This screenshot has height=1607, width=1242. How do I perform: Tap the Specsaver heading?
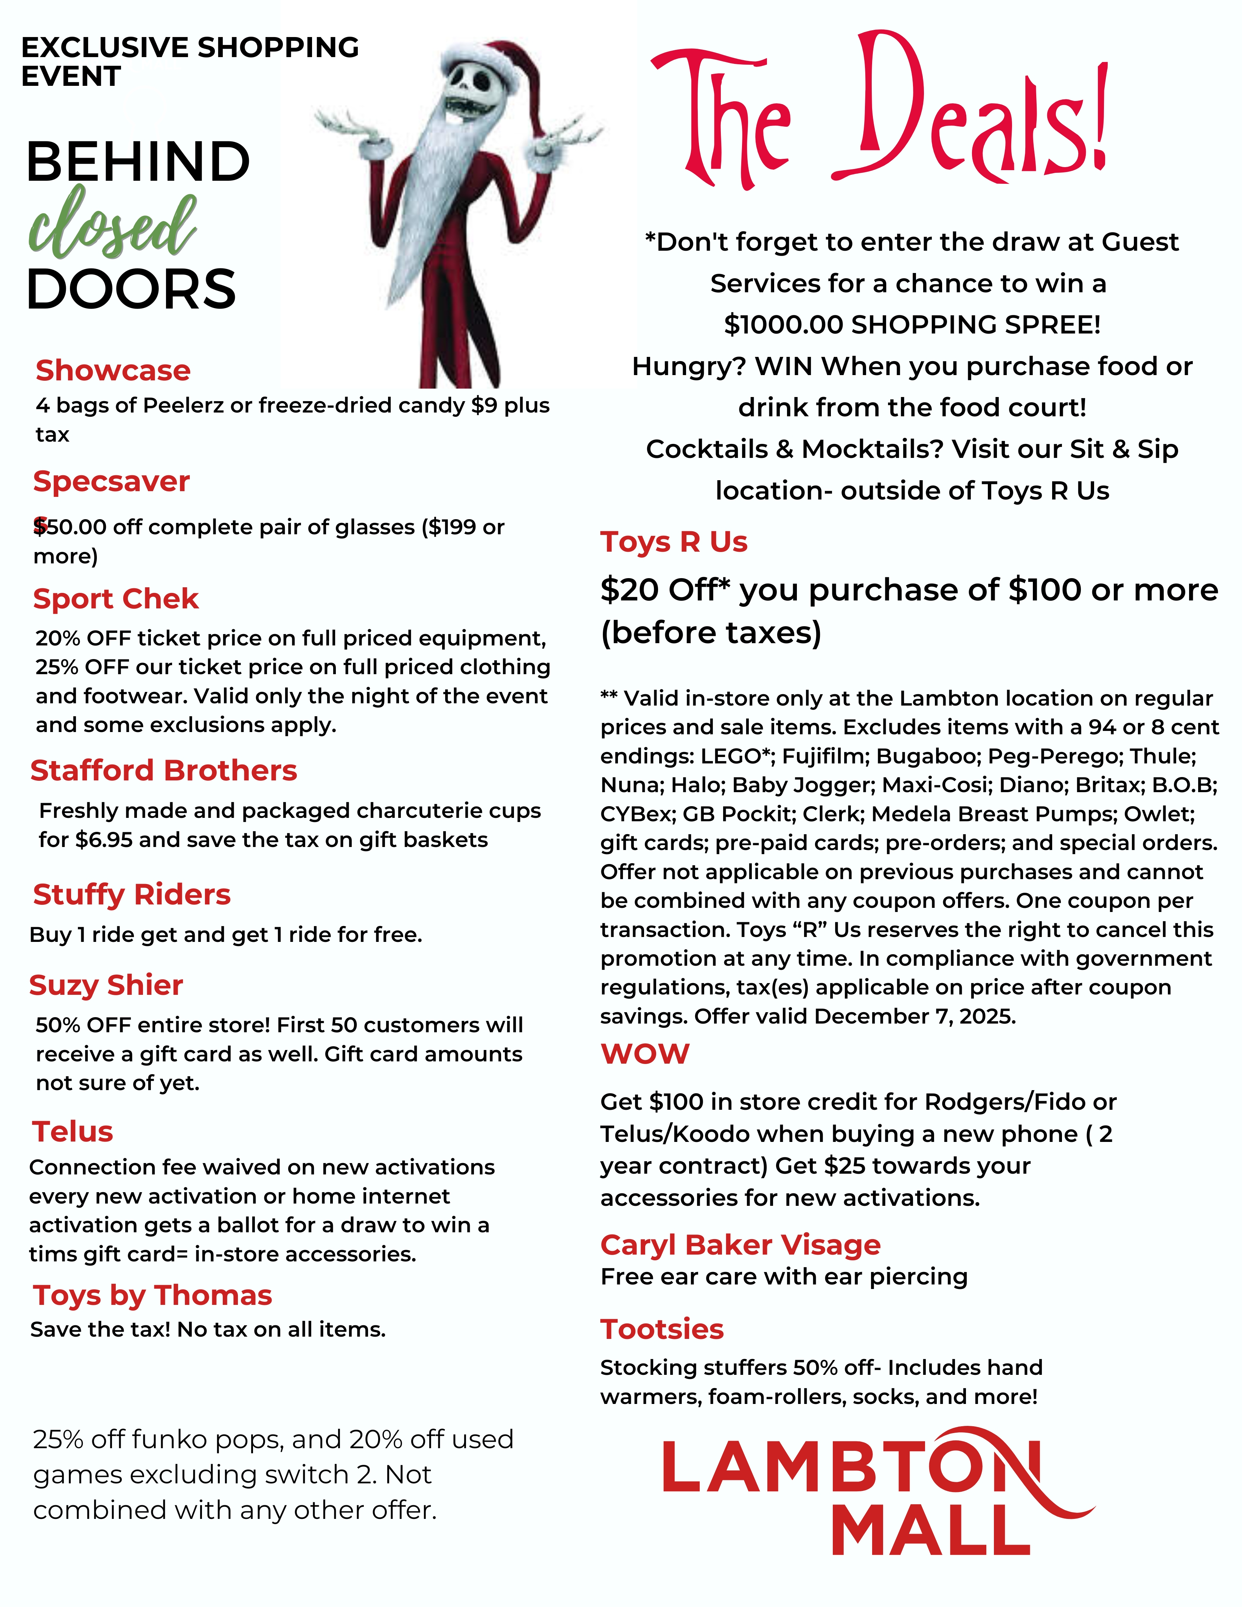[x=111, y=481]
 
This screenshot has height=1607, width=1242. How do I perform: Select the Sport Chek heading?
[x=115, y=599]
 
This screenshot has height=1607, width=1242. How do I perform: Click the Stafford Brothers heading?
[x=163, y=770]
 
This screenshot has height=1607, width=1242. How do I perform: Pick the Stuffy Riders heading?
[x=132, y=895]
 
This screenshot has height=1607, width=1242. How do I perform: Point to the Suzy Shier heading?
[x=106, y=985]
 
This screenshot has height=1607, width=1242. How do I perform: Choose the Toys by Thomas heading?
[x=152, y=1295]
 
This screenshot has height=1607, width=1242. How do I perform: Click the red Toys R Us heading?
[x=673, y=541]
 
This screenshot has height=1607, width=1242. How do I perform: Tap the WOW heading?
[x=644, y=1054]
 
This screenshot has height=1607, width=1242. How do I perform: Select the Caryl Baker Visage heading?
[x=740, y=1244]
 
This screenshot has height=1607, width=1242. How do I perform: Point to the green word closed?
[x=113, y=223]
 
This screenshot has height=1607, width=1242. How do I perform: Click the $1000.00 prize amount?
[x=783, y=324]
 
